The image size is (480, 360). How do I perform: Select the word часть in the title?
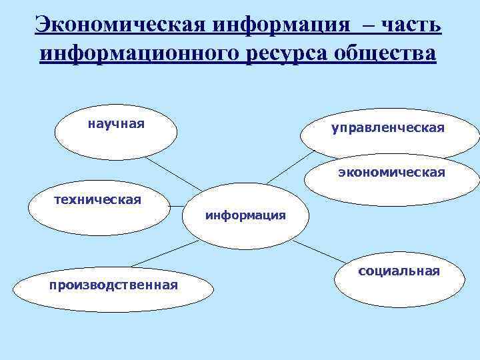pos(411,25)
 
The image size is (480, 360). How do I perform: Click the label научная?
pos(116,124)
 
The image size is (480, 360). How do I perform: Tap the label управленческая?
pos(387,127)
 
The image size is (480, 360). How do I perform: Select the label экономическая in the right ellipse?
pos(391,173)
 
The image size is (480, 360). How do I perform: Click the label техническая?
pos(97,199)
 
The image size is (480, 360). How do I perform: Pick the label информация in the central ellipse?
pos(245,215)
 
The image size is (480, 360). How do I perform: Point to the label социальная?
pos(399,271)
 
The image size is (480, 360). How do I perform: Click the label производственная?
pos(113,285)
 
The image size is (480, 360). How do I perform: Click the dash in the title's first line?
pos(365,27)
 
